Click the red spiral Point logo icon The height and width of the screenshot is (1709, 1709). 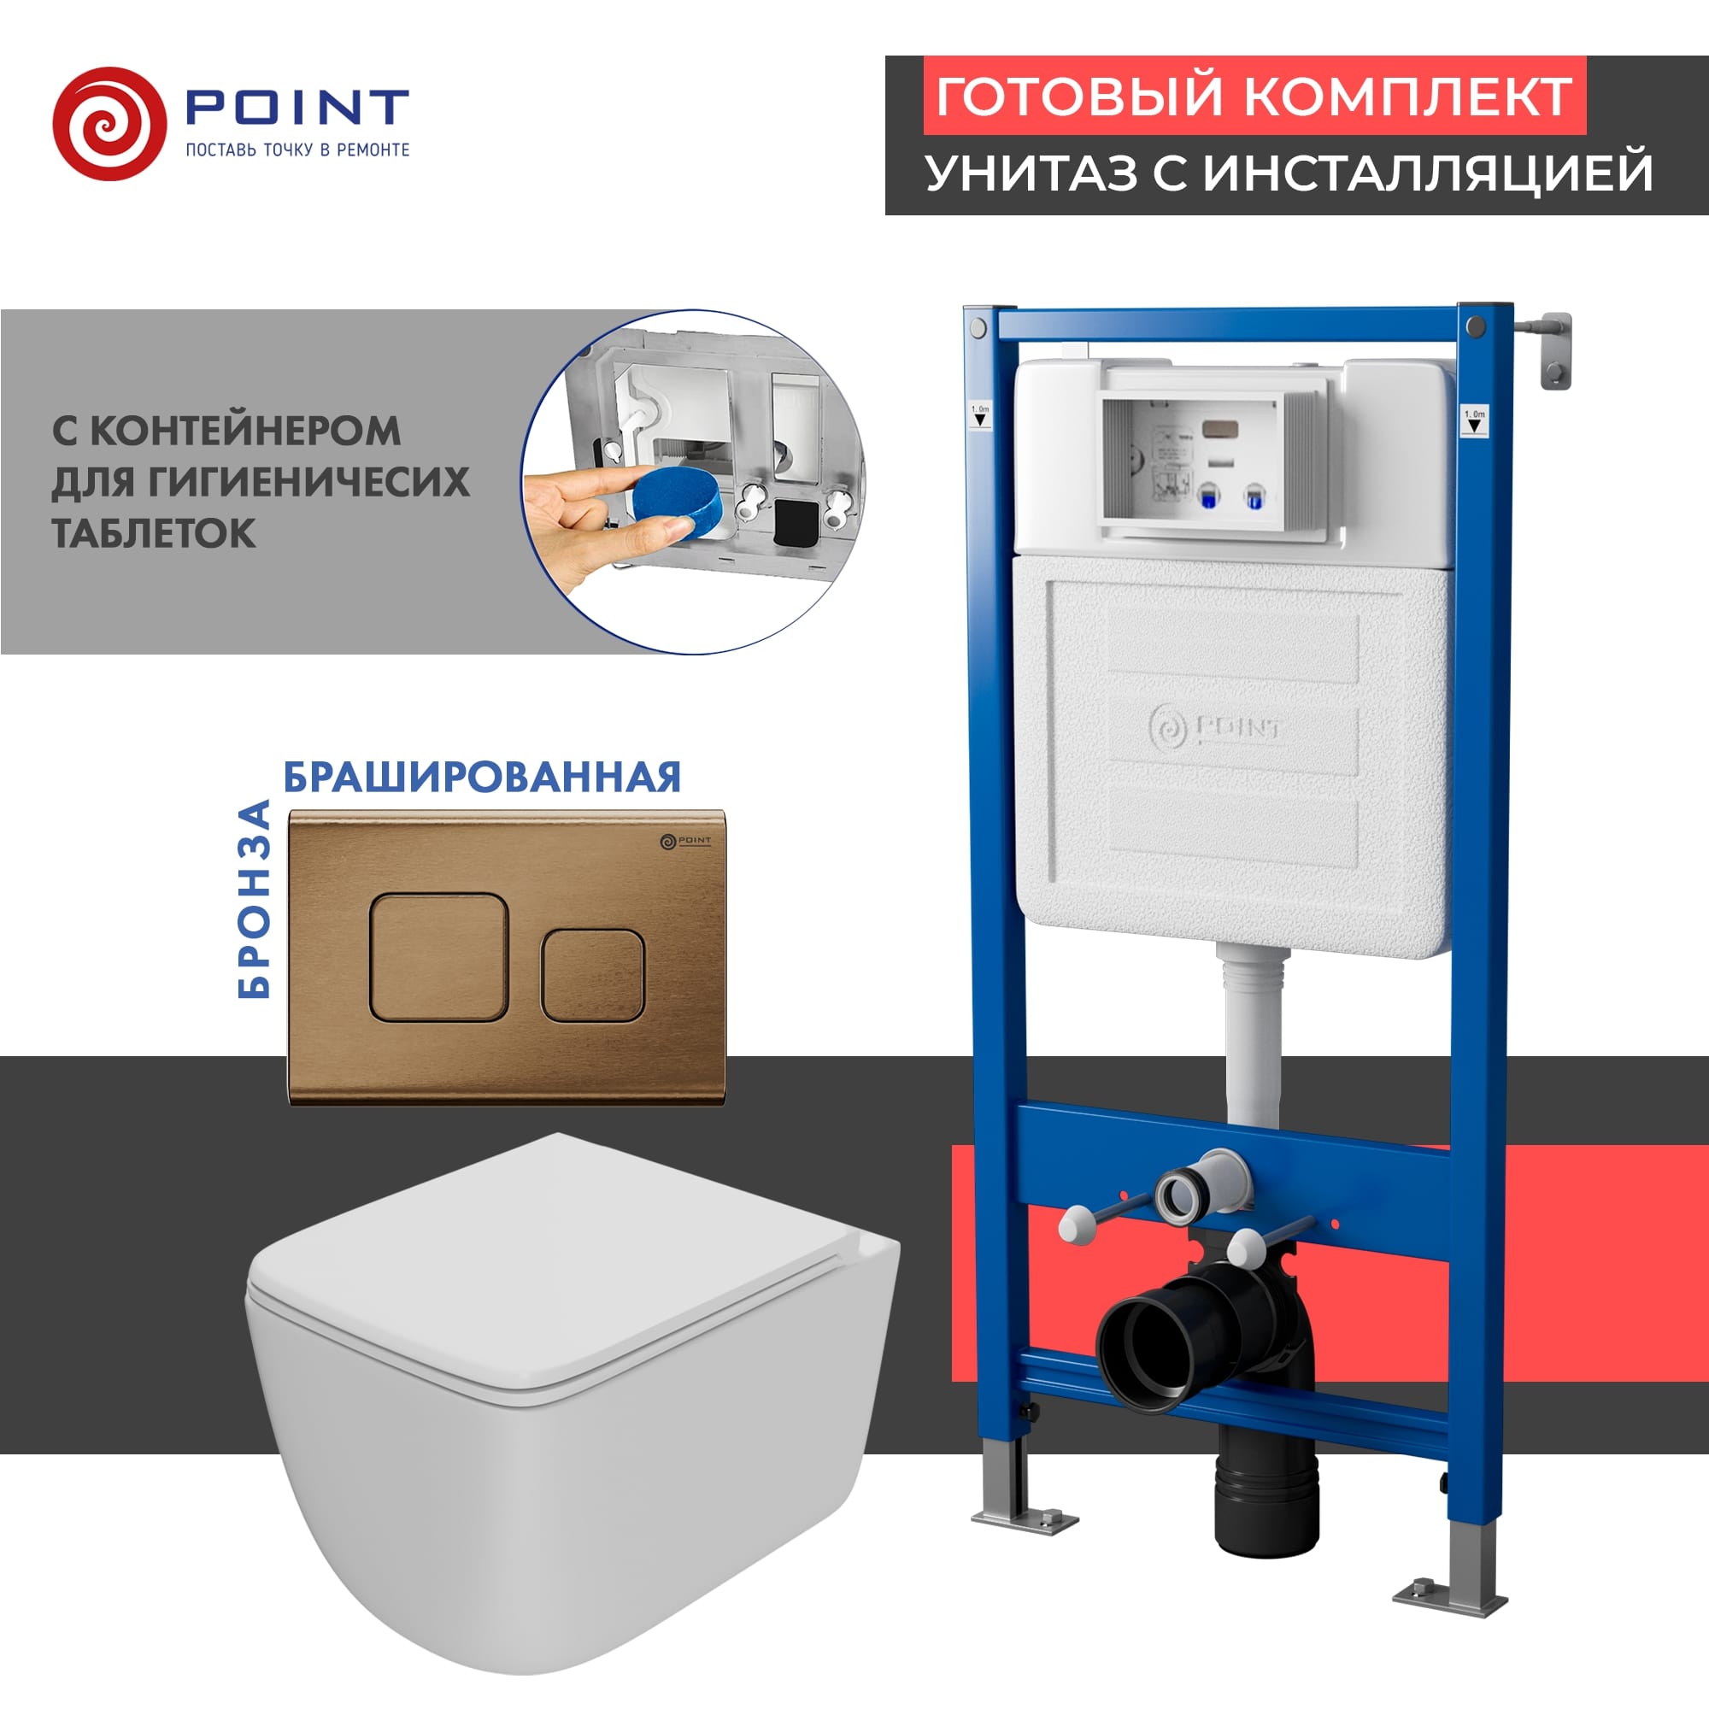pos(109,124)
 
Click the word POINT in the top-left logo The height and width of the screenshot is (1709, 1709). pos(297,107)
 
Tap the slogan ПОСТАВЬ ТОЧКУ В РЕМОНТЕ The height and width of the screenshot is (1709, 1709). pos(297,150)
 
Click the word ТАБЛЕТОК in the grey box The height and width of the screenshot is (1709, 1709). pos(154,533)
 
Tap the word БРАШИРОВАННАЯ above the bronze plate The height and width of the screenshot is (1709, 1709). pos(482,778)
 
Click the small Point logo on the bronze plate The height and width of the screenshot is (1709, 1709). pos(685,840)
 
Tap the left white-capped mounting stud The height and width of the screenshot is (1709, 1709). pos(1076,1226)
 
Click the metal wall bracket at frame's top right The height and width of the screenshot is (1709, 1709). pos(1553,350)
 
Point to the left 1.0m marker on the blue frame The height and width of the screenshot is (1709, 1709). pos(980,415)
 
